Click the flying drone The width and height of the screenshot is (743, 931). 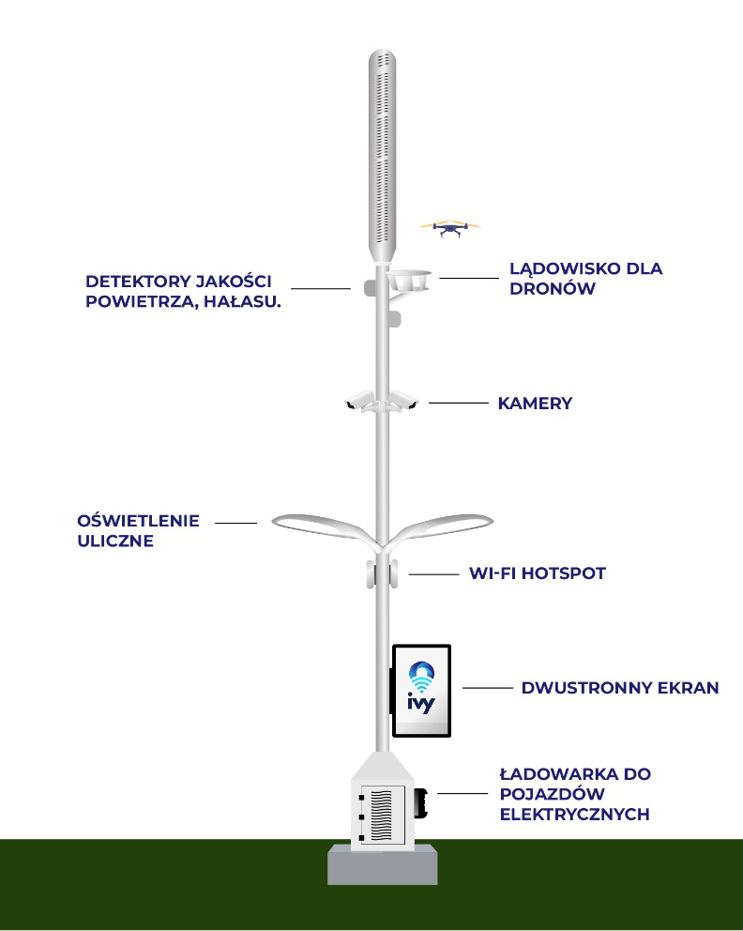(x=450, y=227)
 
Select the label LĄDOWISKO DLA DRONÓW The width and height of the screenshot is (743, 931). (x=585, y=278)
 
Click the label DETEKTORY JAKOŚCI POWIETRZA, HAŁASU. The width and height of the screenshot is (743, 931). (x=183, y=291)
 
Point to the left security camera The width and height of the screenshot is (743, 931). (x=359, y=401)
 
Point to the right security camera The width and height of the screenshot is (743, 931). (x=404, y=401)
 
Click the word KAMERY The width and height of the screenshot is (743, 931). (x=535, y=404)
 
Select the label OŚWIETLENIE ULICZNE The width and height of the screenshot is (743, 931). (x=138, y=531)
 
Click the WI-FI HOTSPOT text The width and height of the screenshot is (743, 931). (x=537, y=573)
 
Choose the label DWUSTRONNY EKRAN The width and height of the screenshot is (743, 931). (x=620, y=688)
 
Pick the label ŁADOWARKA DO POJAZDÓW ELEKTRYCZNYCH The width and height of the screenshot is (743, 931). (x=575, y=794)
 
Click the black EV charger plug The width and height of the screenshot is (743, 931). (x=421, y=802)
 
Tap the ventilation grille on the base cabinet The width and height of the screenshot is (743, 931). (x=381, y=816)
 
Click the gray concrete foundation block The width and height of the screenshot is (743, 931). (x=383, y=864)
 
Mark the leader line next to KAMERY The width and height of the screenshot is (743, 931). (x=458, y=403)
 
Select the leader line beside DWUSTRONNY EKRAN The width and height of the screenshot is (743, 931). (x=488, y=688)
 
